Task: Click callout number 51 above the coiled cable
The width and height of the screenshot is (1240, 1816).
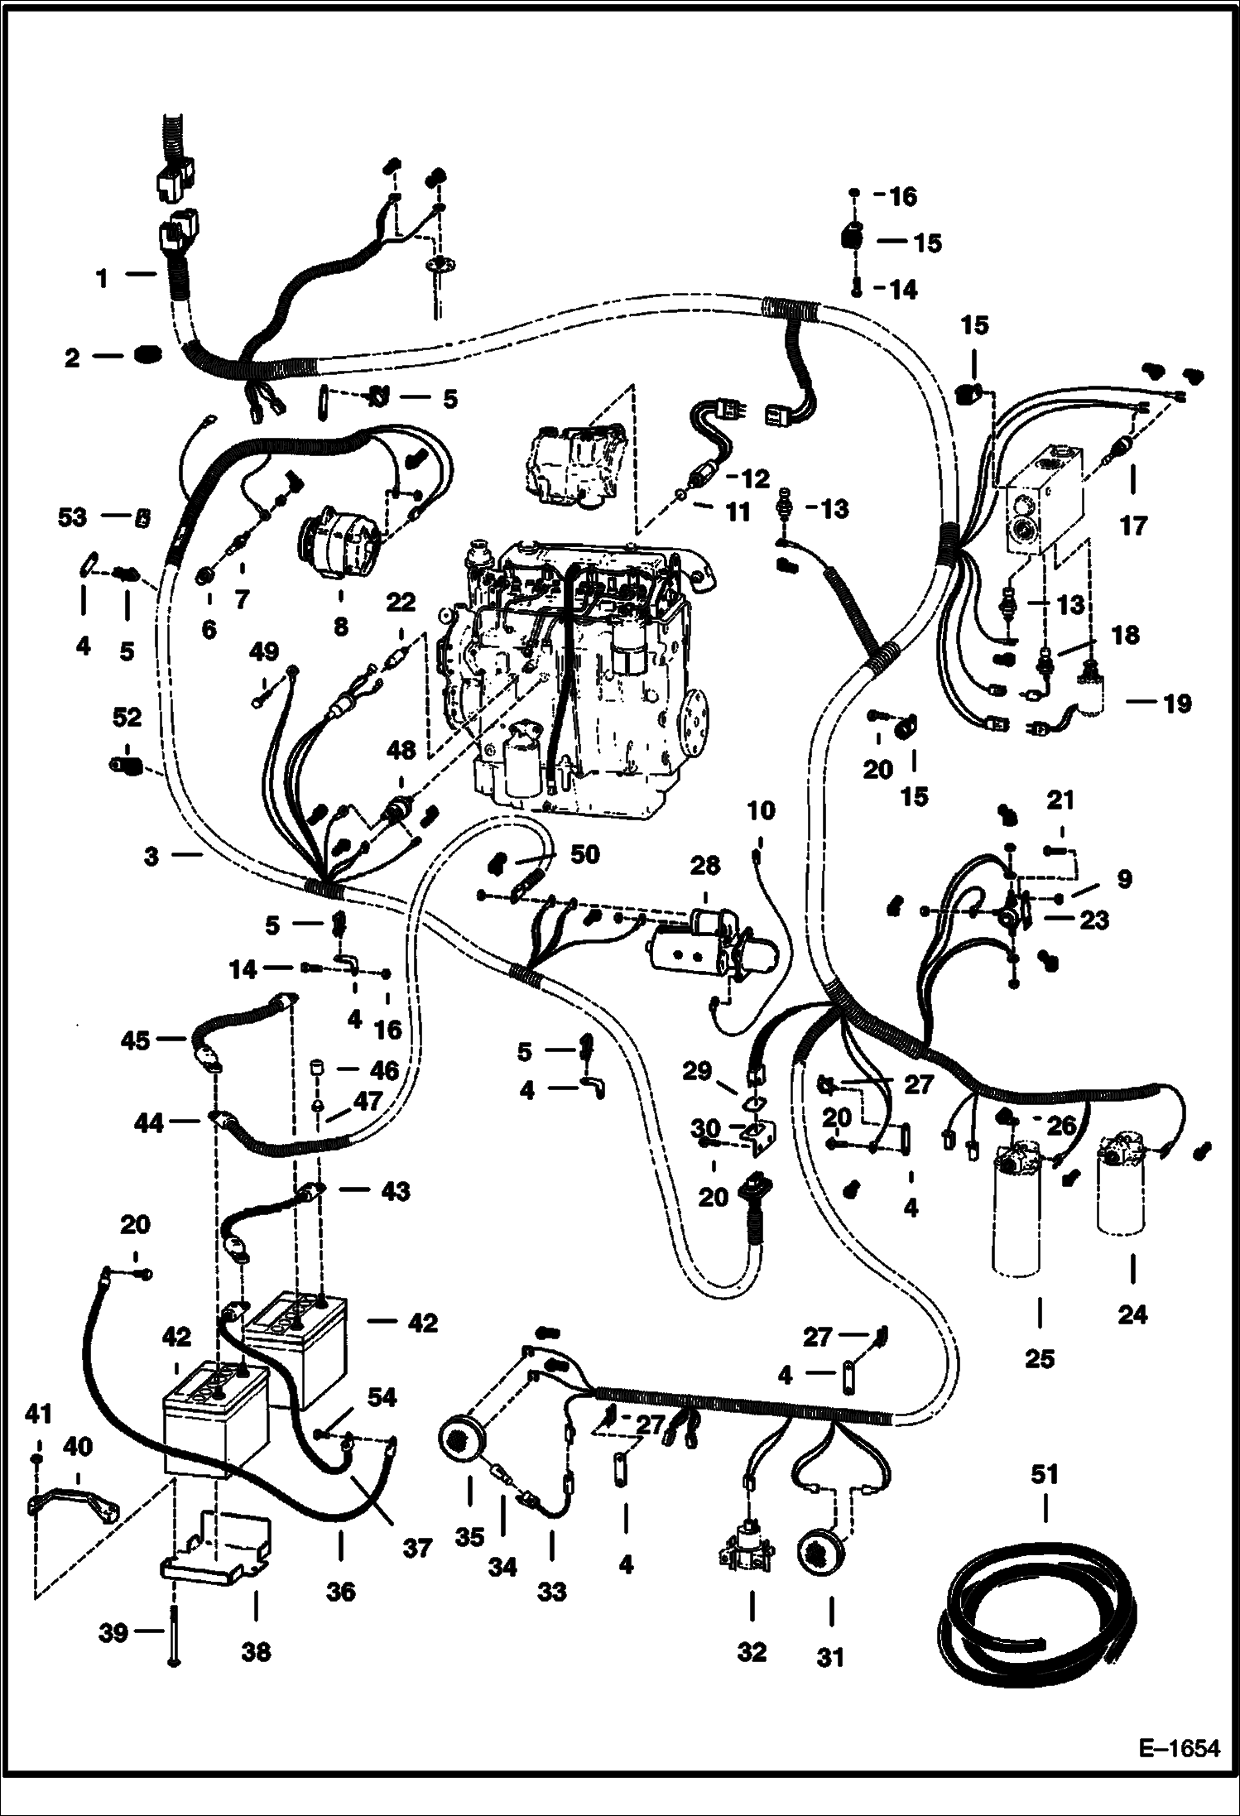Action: (x=1044, y=1474)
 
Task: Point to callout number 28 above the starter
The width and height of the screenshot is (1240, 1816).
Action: (x=704, y=866)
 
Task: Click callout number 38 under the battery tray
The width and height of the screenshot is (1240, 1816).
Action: (x=255, y=1652)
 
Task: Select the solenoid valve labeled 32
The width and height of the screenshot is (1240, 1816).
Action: (x=750, y=1546)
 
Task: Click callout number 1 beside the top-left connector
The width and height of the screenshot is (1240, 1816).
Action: (x=102, y=279)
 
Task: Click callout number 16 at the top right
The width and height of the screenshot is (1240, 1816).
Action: (x=901, y=197)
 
